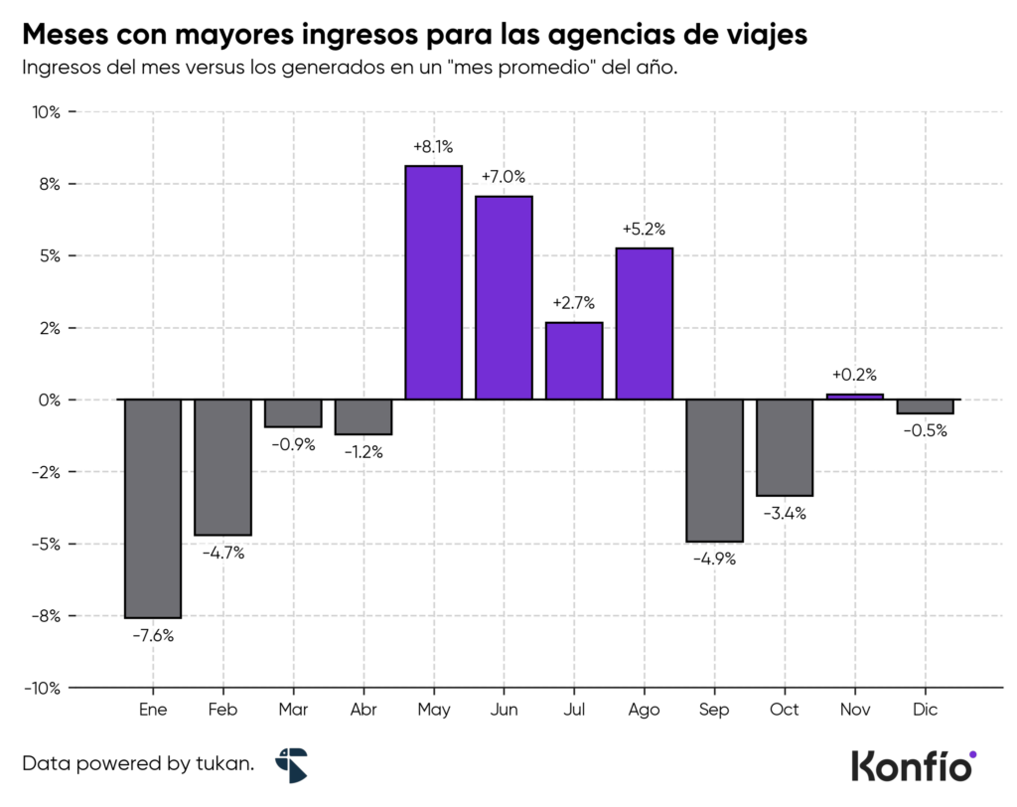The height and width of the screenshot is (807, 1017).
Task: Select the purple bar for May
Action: pos(434,282)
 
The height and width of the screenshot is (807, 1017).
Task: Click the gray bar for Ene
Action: pos(153,508)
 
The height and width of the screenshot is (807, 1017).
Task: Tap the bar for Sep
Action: pos(714,470)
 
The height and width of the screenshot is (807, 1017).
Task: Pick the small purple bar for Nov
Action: pos(855,397)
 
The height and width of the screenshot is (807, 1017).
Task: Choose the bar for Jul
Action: pos(574,361)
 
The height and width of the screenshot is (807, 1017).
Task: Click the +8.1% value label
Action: pos(434,146)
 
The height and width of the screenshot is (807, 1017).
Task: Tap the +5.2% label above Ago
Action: pos(644,229)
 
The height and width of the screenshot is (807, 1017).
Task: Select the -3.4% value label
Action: pos(785,514)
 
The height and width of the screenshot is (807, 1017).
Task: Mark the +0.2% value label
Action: pos(855,375)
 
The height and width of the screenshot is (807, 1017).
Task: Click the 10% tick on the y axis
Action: pos(47,112)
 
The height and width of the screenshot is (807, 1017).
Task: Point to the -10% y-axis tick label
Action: pos(43,688)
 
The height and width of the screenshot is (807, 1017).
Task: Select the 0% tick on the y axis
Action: pos(50,400)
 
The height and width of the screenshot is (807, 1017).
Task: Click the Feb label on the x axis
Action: pos(222,710)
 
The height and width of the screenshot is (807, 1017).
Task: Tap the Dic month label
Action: pos(925,710)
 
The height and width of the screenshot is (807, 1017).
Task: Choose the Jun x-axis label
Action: pos(504,710)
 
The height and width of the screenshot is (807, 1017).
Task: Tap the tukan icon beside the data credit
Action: pos(292,765)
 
